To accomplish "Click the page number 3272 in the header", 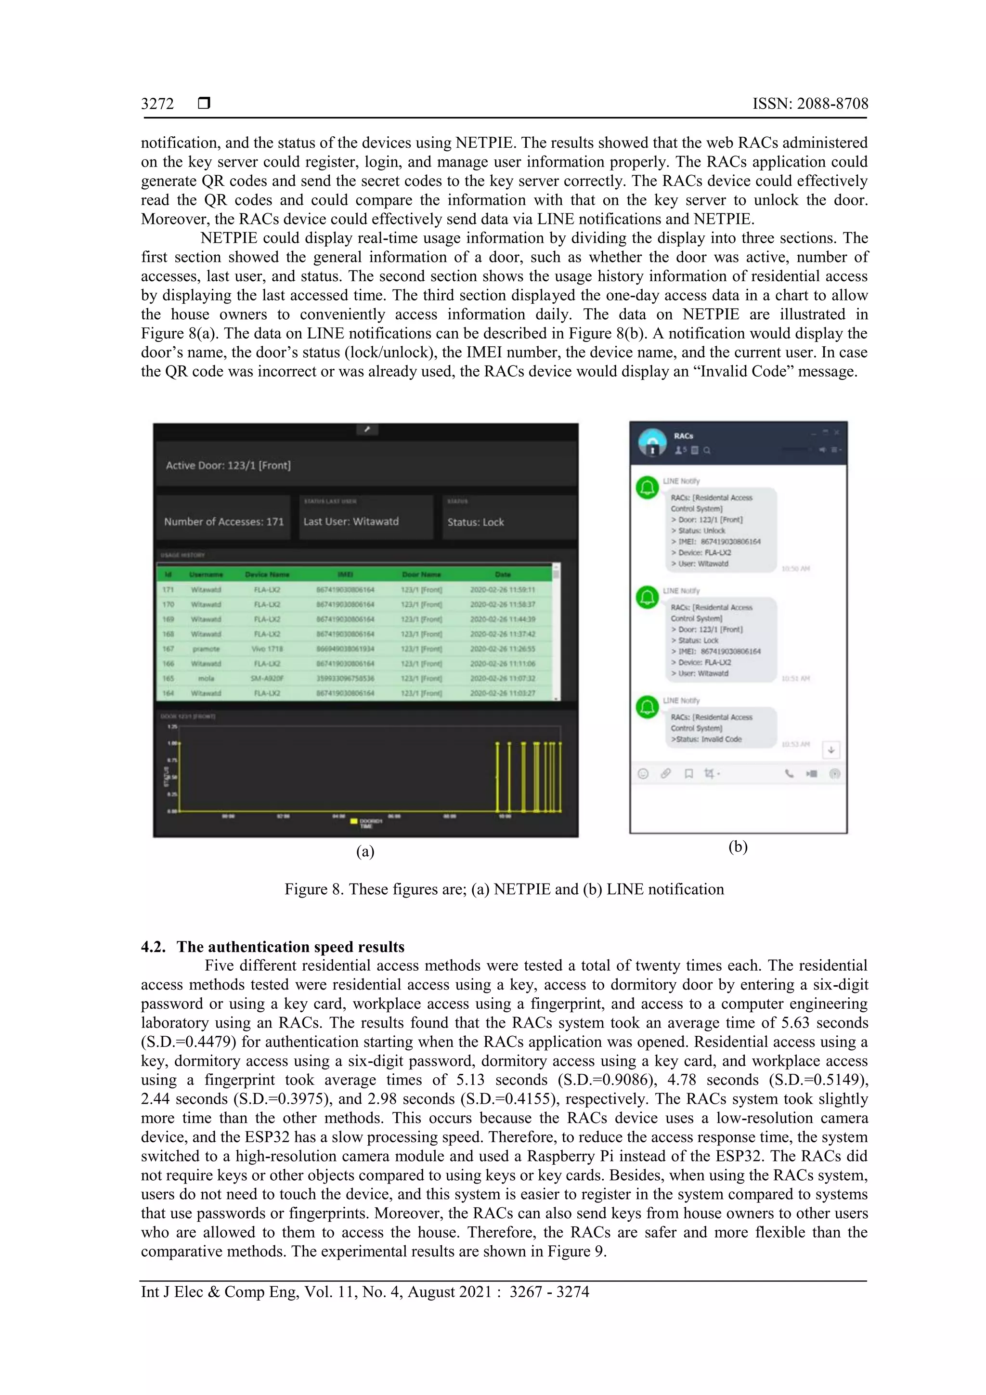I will tap(157, 104).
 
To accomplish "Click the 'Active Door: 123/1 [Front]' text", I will tap(228, 466).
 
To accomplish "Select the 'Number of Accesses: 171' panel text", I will tap(223, 521).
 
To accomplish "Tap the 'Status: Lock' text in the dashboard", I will tap(476, 522).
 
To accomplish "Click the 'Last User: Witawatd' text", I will tap(351, 521).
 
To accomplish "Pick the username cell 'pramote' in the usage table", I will tap(206, 649).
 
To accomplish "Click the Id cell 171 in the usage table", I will tap(169, 589).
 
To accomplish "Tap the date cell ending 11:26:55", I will tap(503, 649).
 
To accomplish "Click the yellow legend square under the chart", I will tap(353, 822).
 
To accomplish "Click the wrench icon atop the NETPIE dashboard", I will tap(367, 430).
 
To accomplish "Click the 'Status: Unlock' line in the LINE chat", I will tap(698, 531).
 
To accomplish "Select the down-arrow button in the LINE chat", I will tap(830, 750).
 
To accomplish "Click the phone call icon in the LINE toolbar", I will tap(789, 773).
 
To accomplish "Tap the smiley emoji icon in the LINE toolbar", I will tap(643, 773).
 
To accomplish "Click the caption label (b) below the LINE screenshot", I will tap(738, 847).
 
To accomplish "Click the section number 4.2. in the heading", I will tap(153, 947).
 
